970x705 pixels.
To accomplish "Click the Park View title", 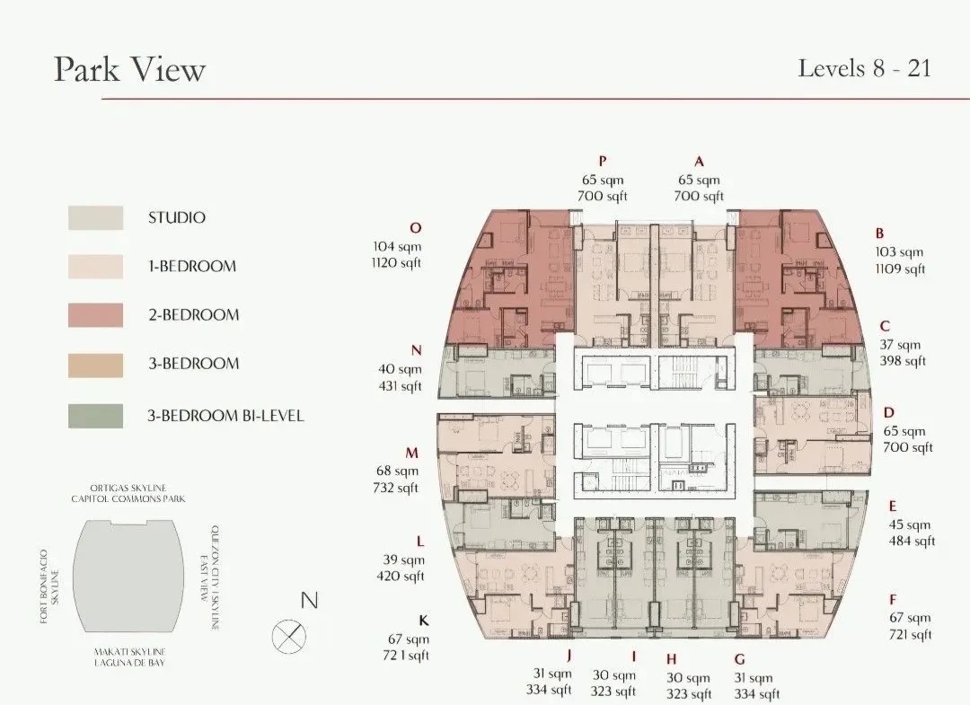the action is [129, 69].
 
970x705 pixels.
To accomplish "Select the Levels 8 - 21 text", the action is [864, 68].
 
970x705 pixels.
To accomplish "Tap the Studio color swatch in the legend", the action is [95, 217].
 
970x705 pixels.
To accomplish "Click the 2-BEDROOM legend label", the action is [193, 314].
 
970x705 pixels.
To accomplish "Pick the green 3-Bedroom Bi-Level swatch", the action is [95, 416].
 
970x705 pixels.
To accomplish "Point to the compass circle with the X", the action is [289, 636].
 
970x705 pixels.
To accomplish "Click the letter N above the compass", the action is [309, 600].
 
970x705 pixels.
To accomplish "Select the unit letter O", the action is [416, 227].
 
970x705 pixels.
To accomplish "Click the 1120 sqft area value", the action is [396, 263].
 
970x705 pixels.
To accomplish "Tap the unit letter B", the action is [879, 234].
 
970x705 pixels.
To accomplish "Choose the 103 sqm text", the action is [899, 251].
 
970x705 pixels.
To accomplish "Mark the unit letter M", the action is [412, 453].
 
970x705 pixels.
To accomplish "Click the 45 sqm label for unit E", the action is [909, 524].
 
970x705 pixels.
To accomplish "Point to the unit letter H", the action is [671, 659].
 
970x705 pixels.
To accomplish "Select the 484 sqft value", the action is [912, 542].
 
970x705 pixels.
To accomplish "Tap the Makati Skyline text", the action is [129, 652].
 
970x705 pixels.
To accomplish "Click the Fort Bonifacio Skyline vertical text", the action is [50, 586].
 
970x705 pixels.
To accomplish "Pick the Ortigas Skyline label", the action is [128, 488].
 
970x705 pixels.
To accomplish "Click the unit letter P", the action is [603, 162].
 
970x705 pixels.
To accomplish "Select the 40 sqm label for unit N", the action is [400, 369].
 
